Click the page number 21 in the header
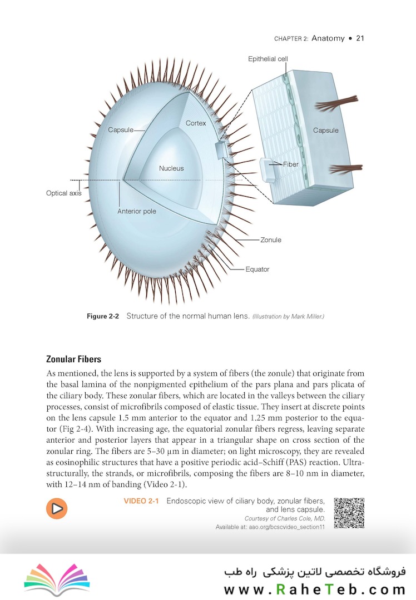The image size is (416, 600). click(x=360, y=38)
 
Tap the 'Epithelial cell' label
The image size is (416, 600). click(x=268, y=59)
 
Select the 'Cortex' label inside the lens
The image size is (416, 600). click(x=196, y=123)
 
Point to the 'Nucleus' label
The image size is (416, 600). click(x=171, y=168)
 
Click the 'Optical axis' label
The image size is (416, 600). click(x=63, y=193)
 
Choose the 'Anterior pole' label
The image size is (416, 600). click(x=137, y=211)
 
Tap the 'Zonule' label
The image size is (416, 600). click(x=271, y=240)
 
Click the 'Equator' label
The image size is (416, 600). click(x=257, y=269)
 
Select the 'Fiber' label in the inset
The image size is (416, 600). click(x=291, y=164)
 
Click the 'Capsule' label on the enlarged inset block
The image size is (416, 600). click(x=325, y=131)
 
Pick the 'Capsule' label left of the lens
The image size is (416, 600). click(x=121, y=130)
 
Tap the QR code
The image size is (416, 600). click(x=349, y=513)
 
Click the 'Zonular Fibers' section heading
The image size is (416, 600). click(x=73, y=359)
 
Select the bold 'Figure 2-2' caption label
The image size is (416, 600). click(x=104, y=317)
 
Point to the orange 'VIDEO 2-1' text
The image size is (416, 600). click(x=141, y=501)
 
